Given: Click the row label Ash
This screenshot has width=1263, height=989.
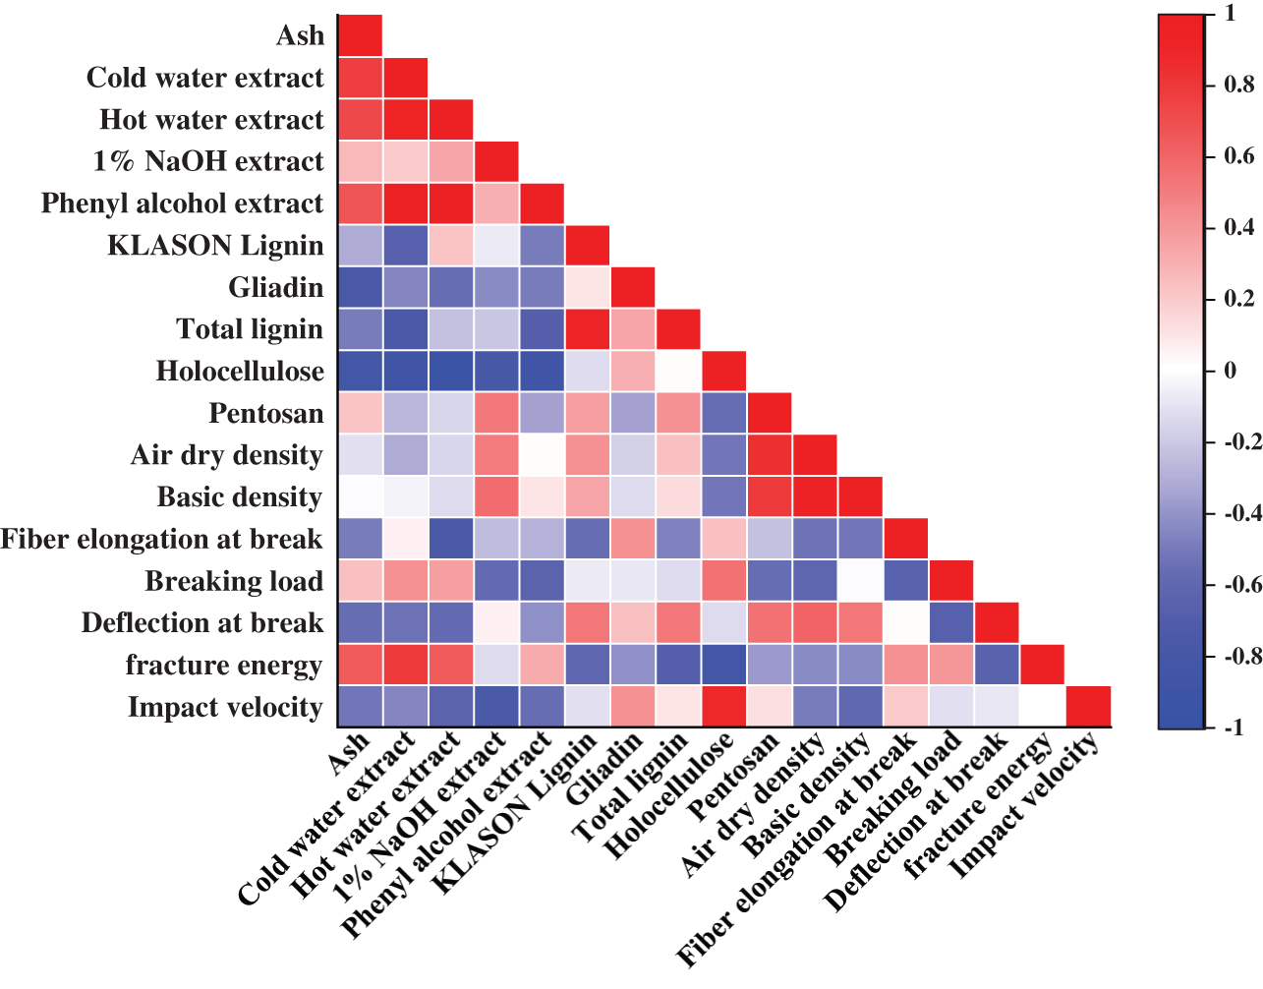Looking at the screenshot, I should pos(300,35).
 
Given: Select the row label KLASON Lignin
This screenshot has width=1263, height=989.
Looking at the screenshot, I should pos(215,245).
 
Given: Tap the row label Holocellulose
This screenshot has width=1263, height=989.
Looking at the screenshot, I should pos(240,371).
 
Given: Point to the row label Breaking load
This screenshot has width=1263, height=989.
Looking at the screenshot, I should pos(234,581).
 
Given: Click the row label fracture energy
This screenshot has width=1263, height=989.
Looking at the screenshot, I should pos(224,666).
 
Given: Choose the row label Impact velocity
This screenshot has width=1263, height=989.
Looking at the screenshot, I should pos(225,707).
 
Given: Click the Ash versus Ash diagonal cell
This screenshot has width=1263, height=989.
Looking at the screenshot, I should pos(360,35).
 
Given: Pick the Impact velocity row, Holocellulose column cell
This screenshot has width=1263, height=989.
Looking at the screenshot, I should pos(723,707).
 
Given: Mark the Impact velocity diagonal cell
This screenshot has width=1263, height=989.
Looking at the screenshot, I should pos(1088,707).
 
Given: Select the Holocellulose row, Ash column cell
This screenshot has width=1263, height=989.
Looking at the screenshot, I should pos(360,371).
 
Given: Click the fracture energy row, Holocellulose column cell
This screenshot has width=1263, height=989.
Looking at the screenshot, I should pos(723,666).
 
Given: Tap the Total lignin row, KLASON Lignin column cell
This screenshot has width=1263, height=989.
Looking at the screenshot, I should pos(587,329).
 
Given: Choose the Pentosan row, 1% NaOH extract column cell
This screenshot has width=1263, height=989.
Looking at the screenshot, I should pos(495,413).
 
